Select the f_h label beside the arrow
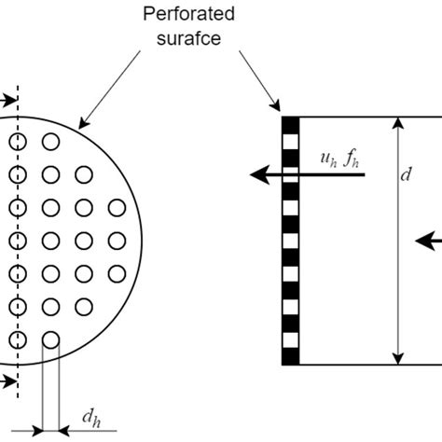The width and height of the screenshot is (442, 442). pos(352,159)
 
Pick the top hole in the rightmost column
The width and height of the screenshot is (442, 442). pos(117,207)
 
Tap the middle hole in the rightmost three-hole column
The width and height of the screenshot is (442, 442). pos(117,240)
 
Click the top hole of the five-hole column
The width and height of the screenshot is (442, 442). pos(84,174)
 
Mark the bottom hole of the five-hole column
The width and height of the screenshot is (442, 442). pos(84,306)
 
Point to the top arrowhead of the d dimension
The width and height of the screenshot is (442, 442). pos(399,122)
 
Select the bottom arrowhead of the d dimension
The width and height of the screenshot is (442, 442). pos(399,359)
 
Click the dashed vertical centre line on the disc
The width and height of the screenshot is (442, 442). pos(17,224)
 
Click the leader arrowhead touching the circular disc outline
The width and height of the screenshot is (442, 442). pos(81,123)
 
